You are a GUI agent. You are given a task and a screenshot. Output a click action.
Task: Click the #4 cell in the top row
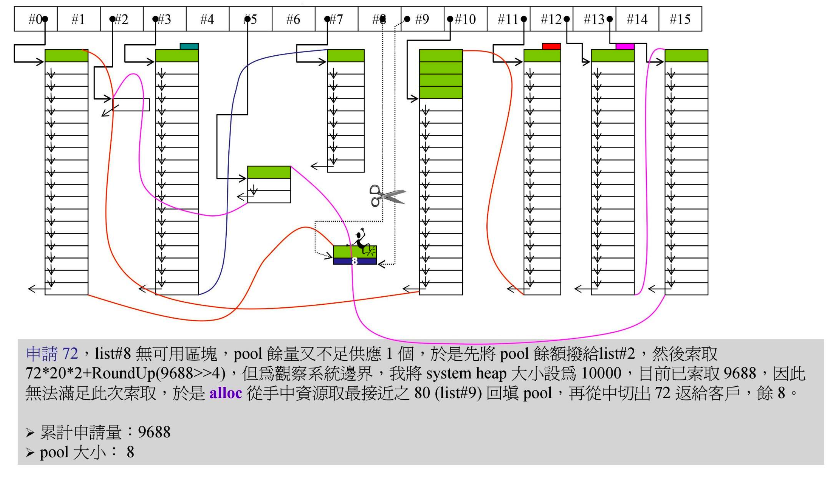click(207, 19)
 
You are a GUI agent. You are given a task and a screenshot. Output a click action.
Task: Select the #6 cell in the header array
click(293, 19)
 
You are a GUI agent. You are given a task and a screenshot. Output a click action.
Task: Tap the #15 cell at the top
click(680, 19)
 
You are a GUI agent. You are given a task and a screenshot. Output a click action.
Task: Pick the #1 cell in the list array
click(78, 19)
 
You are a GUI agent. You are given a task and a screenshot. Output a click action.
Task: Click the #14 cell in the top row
click(637, 19)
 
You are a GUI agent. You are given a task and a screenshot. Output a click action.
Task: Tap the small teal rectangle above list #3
click(189, 46)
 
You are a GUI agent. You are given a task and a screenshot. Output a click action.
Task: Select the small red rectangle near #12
click(551, 46)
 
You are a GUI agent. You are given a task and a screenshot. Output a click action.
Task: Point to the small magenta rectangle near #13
click(625, 46)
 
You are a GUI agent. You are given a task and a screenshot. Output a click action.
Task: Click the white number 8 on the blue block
click(354, 261)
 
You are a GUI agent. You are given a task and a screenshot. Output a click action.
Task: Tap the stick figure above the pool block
click(361, 241)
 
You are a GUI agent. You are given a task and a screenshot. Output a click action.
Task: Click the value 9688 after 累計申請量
click(154, 432)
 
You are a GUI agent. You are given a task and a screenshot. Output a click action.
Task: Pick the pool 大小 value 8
click(130, 452)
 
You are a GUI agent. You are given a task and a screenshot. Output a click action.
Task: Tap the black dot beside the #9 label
click(407, 19)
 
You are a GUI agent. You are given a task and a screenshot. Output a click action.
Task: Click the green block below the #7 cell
click(346, 55)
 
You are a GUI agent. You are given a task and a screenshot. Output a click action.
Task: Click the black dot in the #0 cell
click(45, 19)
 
